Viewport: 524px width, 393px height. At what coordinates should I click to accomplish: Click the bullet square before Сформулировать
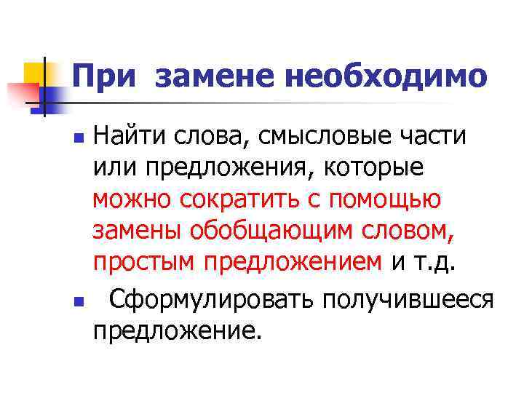[82, 298]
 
